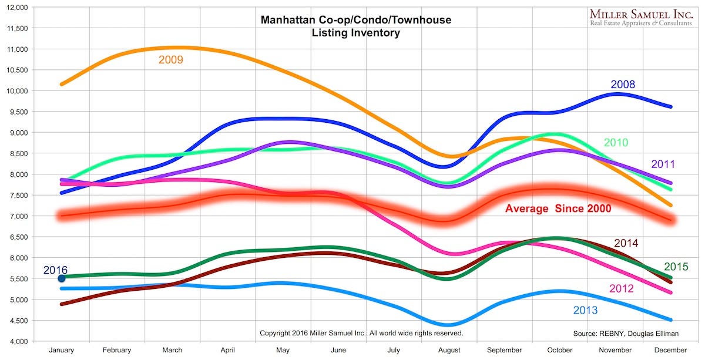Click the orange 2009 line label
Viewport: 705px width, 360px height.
click(171, 60)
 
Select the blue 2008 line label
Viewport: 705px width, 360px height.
click(623, 85)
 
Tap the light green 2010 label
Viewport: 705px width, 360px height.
click(616, 143)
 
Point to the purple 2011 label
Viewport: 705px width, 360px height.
click(663, 164)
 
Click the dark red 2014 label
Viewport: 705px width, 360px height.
click(626, 243)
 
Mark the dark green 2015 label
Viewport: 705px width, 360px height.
click(676, 267)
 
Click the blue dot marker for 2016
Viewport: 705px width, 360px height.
click(62, 278)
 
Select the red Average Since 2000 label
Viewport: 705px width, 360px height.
click(558, 208)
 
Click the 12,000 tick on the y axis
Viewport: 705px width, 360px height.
click(16, 7)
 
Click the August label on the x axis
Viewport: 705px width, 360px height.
click(449, 350)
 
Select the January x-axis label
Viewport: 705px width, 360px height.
click(61, 350)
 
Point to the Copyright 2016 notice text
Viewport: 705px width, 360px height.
click(361, 333)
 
